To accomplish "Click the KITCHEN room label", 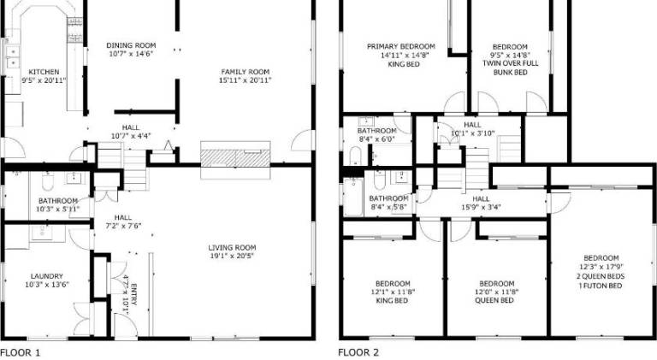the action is (x=44, y=72).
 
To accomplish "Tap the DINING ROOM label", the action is (x=131, y=45).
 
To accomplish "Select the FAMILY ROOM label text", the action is (x=246, y=72).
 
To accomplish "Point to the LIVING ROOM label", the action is (x=232, y=247).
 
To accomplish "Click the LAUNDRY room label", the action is (x=47, y=276).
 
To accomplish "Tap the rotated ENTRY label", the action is (x=134, y=295).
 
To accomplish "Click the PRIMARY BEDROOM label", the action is (x=401, y=46).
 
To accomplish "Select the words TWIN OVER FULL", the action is (x=511, y=63).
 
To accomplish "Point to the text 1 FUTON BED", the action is (x=601, y=286).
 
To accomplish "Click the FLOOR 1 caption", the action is (x=21, y=352).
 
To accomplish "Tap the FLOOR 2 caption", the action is (x=358, y=352).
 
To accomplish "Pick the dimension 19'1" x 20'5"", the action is (x=232, y=256).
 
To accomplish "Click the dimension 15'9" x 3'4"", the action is (x=481, y=207).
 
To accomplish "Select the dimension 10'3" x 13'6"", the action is (x=47, y=285).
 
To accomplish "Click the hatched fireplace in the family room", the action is (x=235, y=158).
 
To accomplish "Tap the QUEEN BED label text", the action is (x=494, y=300).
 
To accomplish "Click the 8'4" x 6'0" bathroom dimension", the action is (x=377, y=139).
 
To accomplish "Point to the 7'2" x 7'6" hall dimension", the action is (x=123, y=226).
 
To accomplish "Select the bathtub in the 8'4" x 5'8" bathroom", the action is (x=353, y=197).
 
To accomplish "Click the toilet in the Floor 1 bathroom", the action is (x=48, y=181).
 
